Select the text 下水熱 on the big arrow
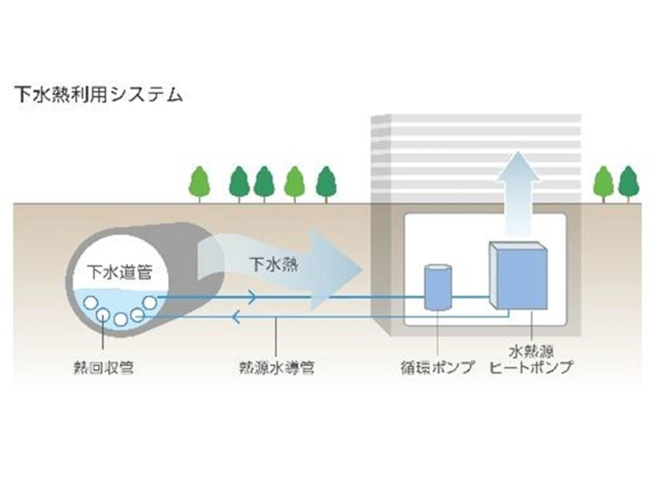[x=270, y=265]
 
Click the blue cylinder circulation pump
[x=438, y=287]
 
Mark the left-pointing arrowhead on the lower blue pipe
[x=237, y=317]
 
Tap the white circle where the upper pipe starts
[x=150, y=301]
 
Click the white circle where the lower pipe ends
[x=137, y=316]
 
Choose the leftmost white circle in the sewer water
[x=90, y=301]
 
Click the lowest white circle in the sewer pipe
[x=120, y=320]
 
